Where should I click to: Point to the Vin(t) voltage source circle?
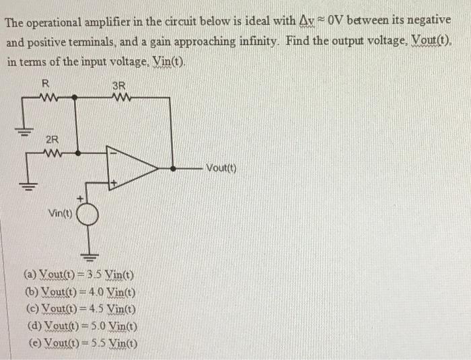click(x=88, y=214)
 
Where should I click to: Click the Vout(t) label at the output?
click(x=219, y=168)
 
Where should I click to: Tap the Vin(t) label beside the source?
click(x=60, y=213)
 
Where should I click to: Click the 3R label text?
click(x=118, y=85)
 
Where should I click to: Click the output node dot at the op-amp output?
click(x=173, y=168)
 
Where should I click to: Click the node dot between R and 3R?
click(x=74, y=96)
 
